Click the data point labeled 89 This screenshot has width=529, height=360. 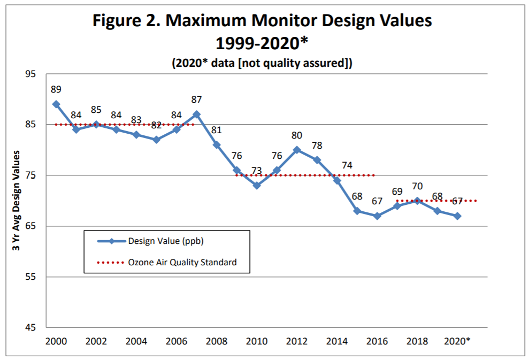[x=56, y=104]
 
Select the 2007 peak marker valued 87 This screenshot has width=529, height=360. [x=196, y=114]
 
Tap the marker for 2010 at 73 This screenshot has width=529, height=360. [x=257, y=186]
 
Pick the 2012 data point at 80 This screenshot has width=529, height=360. [x=297, y=150]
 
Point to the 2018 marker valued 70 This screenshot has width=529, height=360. [x=417, y=201]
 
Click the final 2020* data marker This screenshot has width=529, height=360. [x=457, y=216]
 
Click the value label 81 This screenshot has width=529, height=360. [x=217, y=130]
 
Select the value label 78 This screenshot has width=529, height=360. [x=317, y=145]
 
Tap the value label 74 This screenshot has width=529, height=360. [x=347, y=165]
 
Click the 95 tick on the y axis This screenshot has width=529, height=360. [x=30, y=74]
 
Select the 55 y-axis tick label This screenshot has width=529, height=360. [x=30, y=277]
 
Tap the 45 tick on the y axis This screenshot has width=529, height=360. [x=30, y=327]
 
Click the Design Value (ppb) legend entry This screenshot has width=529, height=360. [x=166, y=241]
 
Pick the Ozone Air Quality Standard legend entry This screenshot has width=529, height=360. [x=182, y=263]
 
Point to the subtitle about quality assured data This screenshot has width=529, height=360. [x=262, y=63]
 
